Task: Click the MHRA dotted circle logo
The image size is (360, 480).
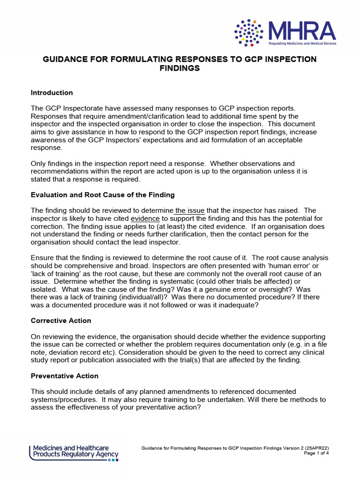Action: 248,33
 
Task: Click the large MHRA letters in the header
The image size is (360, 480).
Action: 301,31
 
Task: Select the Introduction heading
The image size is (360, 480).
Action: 52,93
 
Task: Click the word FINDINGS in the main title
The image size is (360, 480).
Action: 180,68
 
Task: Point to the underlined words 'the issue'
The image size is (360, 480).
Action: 190,210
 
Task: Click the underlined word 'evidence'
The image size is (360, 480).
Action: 145,218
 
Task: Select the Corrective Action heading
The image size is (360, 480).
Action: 61,321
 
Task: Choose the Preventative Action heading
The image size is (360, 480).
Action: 65,376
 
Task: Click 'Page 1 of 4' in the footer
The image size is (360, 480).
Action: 317,453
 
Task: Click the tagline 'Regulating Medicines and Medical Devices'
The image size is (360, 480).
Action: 302,43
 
